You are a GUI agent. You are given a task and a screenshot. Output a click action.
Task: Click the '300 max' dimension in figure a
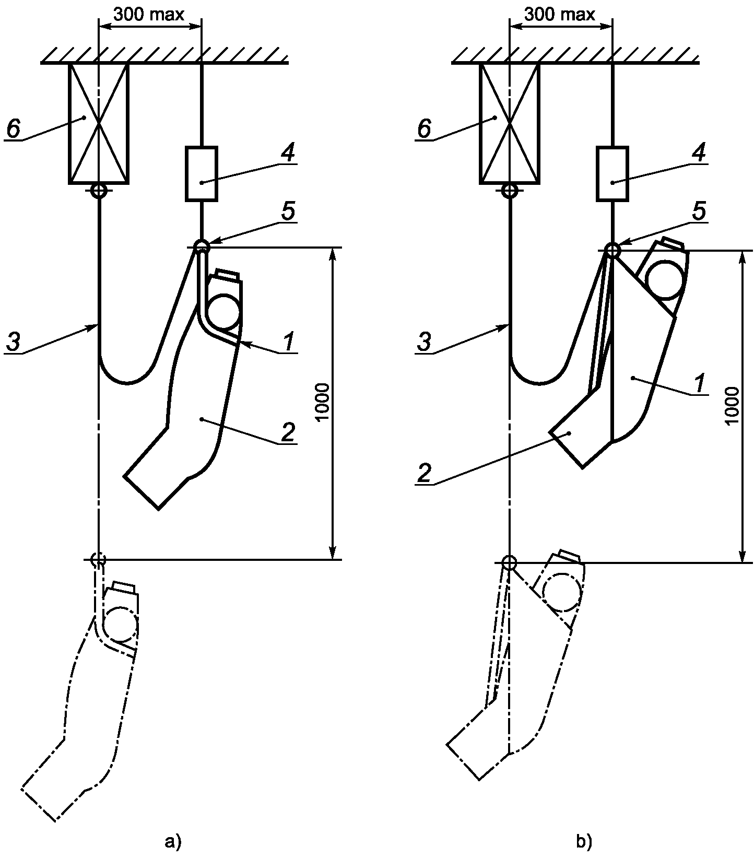pyautogui.click(x=149, y=14)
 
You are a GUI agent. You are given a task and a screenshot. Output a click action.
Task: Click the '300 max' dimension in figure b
pyautogui.click(x=559, y=14)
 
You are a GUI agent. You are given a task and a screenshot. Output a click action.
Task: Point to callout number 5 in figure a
pyautogui.click(x=288, y=211)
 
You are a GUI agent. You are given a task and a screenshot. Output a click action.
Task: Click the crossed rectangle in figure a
pyautogui.click(x=99, y=123)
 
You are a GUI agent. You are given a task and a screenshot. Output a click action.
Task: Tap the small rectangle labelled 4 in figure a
pyautogui.click(x=202, y=174)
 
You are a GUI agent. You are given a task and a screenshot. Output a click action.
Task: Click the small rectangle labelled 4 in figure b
pyautogui.click(x=612, y=174)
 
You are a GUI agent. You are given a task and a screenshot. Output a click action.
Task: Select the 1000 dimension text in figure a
pyautogui.click(x=323, y=402)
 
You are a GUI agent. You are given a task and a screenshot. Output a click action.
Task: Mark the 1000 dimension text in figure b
pyautogui.click(x=733, y=406)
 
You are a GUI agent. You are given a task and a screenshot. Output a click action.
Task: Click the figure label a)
pyautogui.click(x=172, y=842)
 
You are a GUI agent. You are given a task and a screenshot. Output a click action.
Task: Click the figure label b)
pyautogui.click(x=584, y=842)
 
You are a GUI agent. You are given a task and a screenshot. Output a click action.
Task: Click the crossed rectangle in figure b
pyautogui.click(x=510, y=123)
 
